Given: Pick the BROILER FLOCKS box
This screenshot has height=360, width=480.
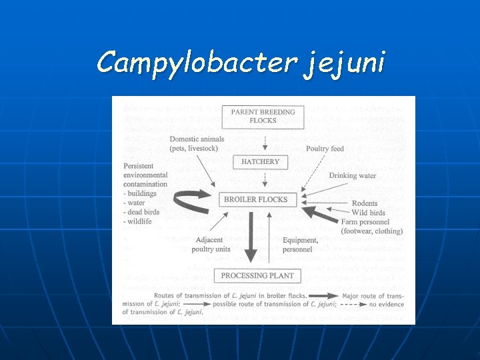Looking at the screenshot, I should (x=256, y=199).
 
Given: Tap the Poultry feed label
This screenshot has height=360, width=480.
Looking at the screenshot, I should (x=325, y=149).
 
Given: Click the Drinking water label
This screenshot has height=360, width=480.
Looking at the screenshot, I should (x=352, y=176).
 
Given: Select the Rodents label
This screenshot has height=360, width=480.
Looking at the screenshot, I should (x=365, y=203).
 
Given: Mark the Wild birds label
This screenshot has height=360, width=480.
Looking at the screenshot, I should (x=369, y=213).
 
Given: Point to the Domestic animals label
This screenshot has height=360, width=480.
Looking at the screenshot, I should (x=197, y=139).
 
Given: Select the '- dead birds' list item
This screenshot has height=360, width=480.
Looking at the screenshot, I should (x=144, y=212).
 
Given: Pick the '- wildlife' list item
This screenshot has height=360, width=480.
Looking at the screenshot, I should (x=139, y=221).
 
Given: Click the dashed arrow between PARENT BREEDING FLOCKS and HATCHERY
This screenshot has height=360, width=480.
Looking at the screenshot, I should (x=265, y=142).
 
